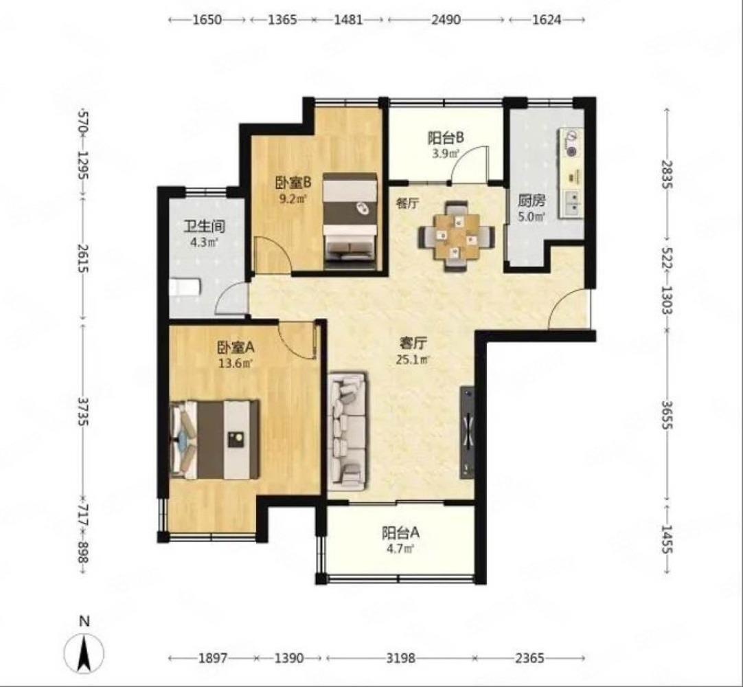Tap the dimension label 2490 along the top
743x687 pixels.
446,19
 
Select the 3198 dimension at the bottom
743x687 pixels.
400,658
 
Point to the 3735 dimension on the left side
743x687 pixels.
83,412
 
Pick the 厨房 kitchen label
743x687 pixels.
531,201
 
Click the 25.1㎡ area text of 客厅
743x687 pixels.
413,359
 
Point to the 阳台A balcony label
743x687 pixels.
401,533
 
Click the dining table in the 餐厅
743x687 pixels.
456,236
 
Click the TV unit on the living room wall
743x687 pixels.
467,432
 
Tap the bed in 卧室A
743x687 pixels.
215,439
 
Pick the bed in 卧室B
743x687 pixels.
350,221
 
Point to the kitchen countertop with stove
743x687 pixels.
571,173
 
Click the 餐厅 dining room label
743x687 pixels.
407,203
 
